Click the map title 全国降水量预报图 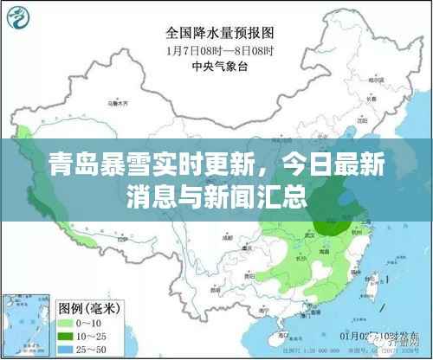pyautogui.click(x=220, y=32)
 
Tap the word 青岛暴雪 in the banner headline pyautogui.click(x=81, y=163)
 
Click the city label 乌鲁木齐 pyautogui.click(x=113, y=102)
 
